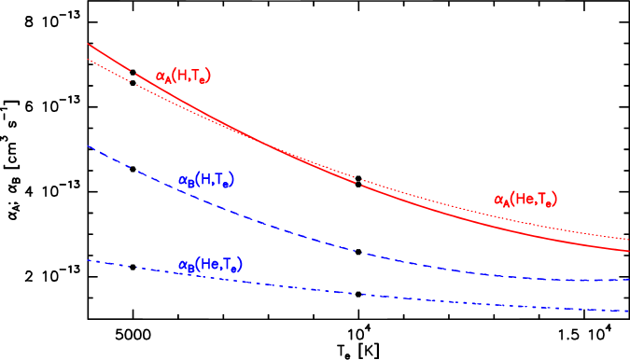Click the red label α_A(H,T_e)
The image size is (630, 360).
coord(183,76)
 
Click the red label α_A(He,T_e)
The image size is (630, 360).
coord(525,200)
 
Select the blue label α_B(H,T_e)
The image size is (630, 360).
coord(205,180)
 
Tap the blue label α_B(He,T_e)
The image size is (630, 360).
coord(209,266)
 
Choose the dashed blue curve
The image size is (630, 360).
coord(280,228)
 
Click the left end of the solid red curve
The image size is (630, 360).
coord(88,44)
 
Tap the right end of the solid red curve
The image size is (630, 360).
coord(628,250)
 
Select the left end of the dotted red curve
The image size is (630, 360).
coord(88,60)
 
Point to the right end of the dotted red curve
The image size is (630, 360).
coord(628,240)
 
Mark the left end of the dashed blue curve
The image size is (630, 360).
coord(88,145)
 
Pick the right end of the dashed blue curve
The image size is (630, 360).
coord(628,279)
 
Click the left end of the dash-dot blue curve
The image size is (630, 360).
coord(88,260)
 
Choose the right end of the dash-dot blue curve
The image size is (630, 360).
coord(628,311)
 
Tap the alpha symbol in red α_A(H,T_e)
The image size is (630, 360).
coord(161,76)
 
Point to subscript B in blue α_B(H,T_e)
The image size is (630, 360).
coord(190,184)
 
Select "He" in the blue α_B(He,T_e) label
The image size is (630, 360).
coord(210,266)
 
